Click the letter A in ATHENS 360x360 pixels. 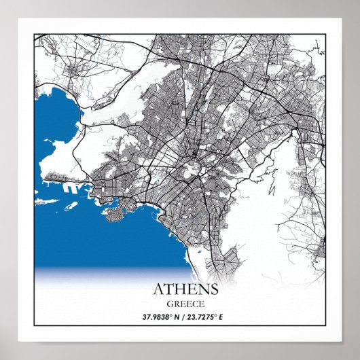pos(149,289)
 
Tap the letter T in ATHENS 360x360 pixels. pos(162,289)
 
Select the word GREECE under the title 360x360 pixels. pos(180,304)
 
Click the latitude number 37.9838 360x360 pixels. pos(156,317)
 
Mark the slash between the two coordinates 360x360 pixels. pos(181,317)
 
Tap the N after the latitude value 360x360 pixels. pos(175,317)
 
